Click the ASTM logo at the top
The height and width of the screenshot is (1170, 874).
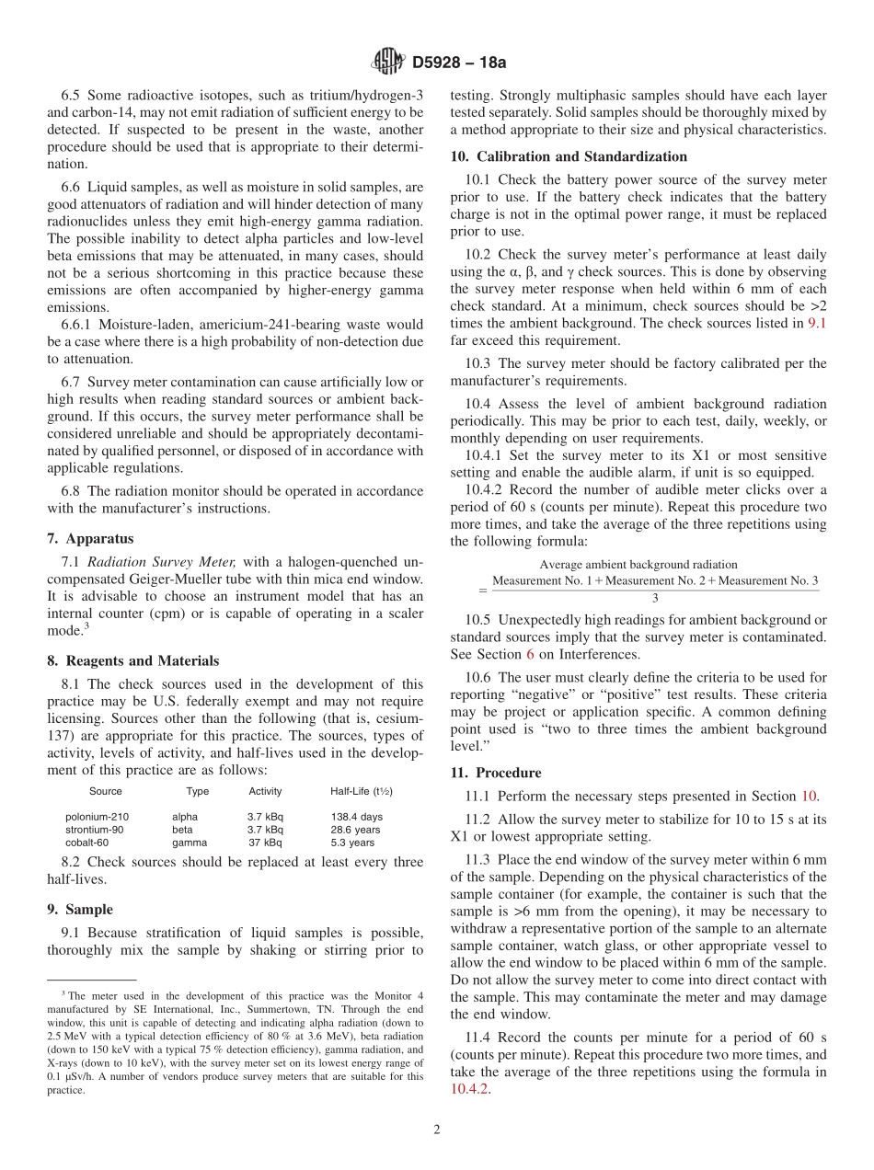[387, 62]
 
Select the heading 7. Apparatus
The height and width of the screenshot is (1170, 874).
[90, 538]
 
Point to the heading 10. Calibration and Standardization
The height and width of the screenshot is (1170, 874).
[569, 156]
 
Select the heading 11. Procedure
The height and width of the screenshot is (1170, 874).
[496, 773]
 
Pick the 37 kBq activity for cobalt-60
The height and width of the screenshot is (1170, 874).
[265, 843]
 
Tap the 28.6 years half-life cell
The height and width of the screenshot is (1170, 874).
[355, 830]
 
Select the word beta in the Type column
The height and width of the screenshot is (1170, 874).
[182, 830]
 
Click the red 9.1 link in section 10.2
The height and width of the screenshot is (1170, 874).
[816, 323]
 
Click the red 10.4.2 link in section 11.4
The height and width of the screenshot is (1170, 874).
[469, 1089]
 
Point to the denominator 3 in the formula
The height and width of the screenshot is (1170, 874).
[654, 597]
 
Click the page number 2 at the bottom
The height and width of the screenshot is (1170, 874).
[436, 1130]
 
